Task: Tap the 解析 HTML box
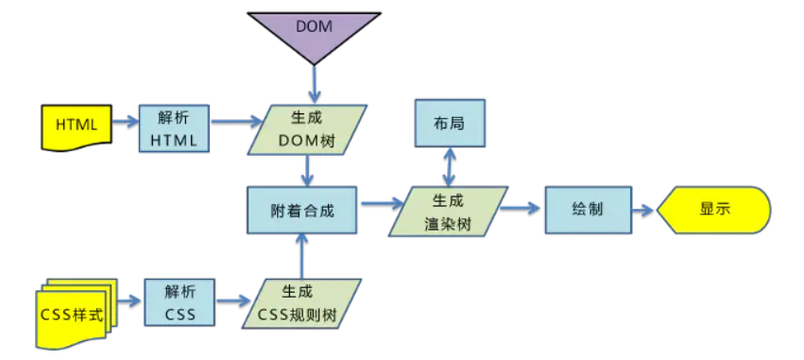(x=174, y=128)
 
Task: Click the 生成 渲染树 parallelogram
(x=449, y=211)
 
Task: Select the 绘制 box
(x=586, y=210)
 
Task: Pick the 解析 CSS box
(x=179, y=303)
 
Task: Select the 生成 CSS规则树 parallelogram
(x=302, y=303)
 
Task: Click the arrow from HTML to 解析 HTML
(x=124, y=123)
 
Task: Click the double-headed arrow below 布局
(x=450, y=168)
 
